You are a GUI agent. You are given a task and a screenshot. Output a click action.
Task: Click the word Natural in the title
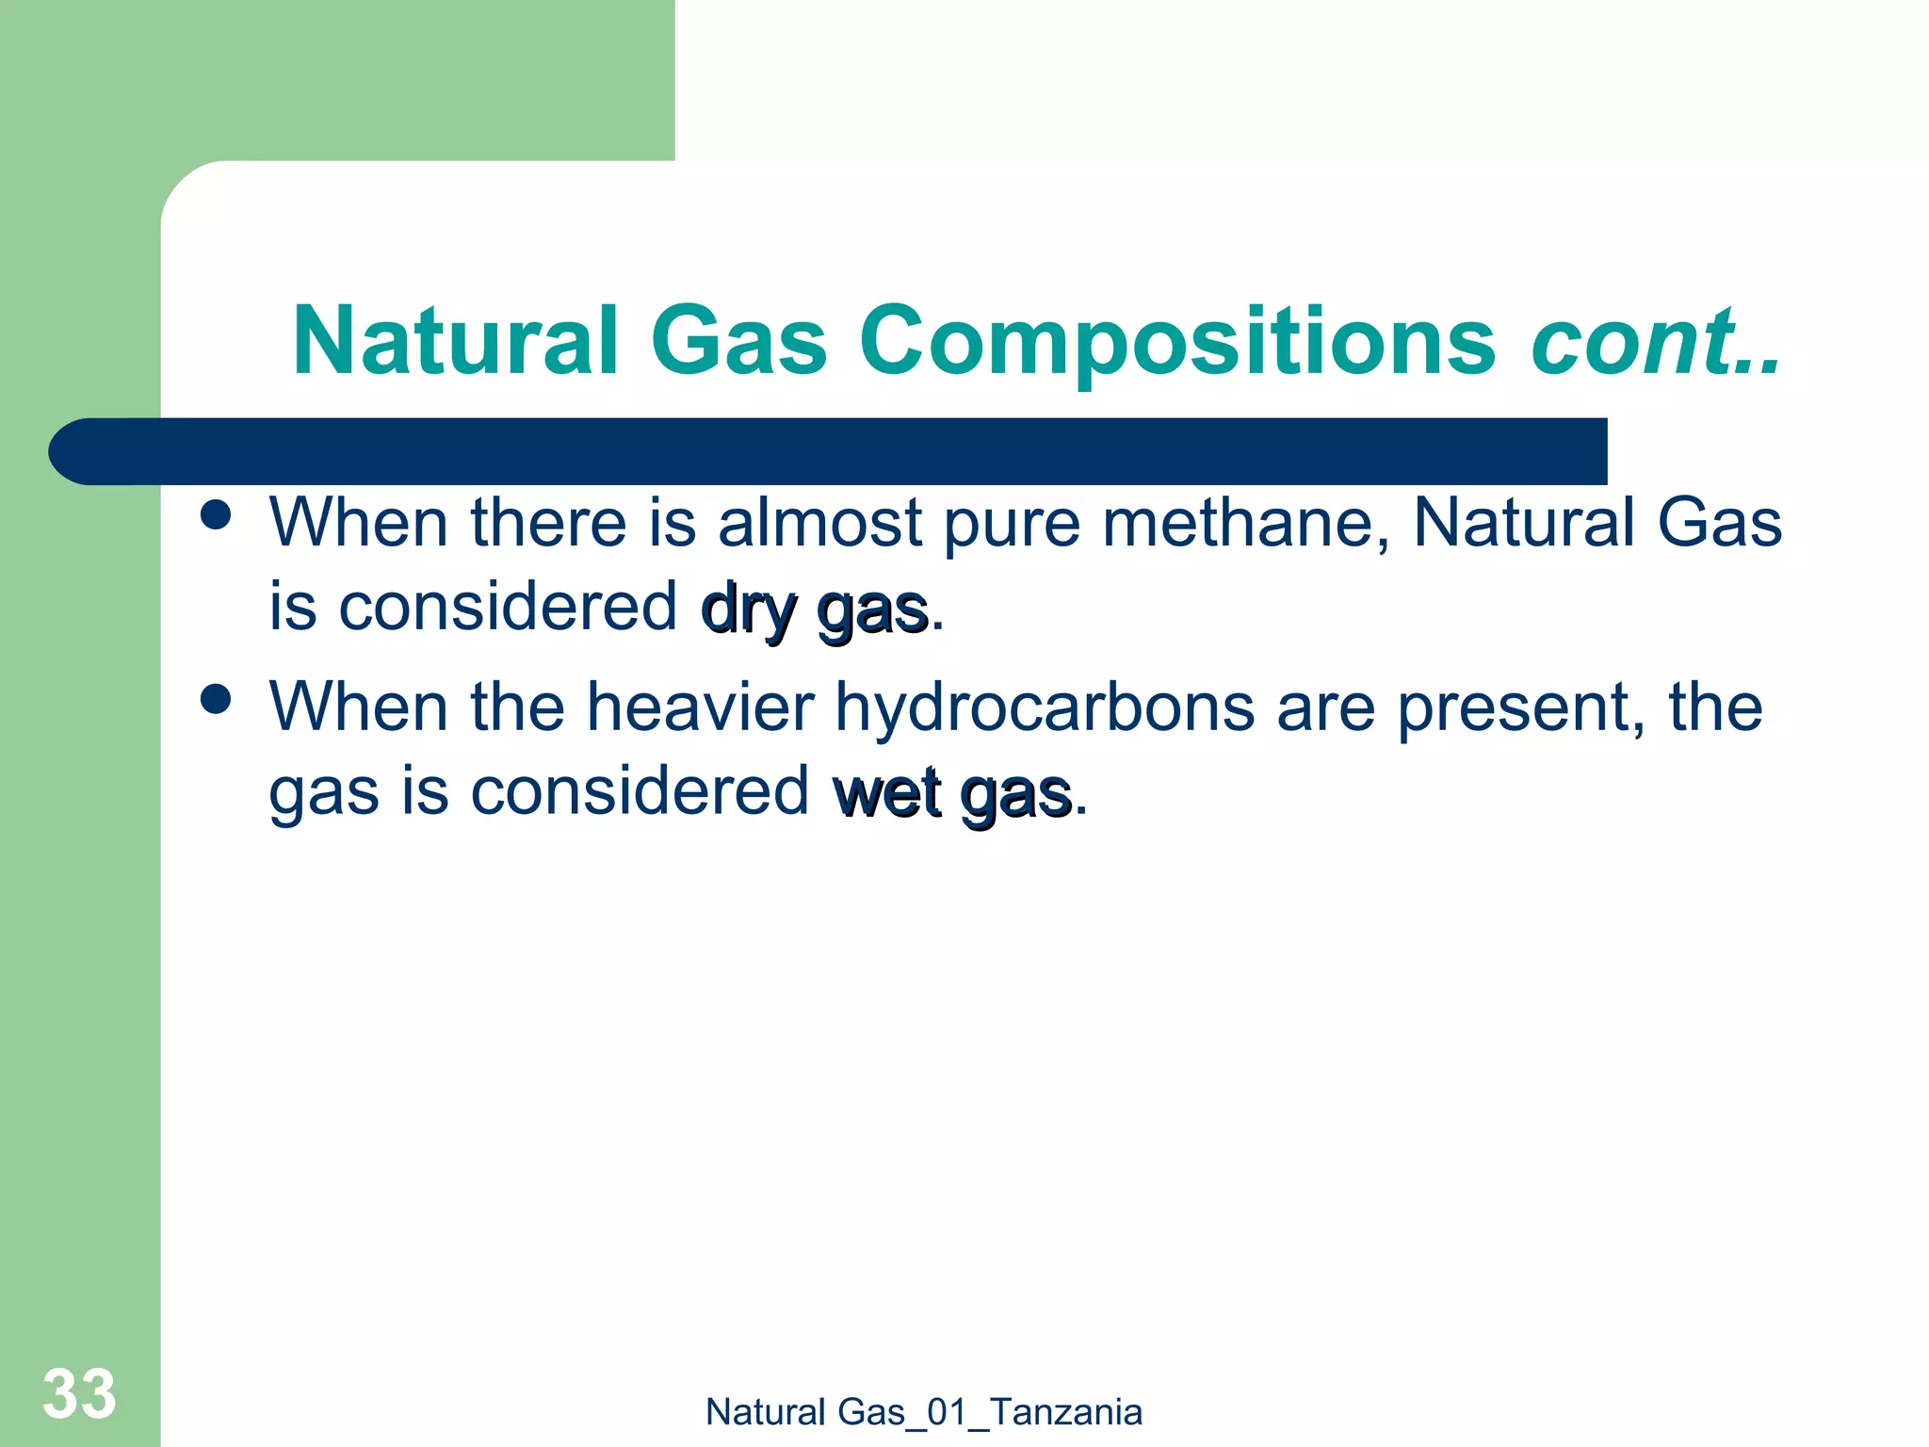tap(455, 341)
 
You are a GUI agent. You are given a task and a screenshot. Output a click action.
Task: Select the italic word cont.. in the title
tap(1655, 341)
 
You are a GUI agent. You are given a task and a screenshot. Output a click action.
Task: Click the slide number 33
tap(79, 1393)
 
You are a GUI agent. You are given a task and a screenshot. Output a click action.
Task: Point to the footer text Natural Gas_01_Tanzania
tap(923, 1412)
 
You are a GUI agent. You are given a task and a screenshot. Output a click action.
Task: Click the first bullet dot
tap(217, 516)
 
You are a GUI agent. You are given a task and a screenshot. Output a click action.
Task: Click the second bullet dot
tap(217, 700)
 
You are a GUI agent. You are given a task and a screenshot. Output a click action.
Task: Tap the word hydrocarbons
tap(1045, 707)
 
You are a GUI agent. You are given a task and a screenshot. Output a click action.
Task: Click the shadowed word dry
tap(750, 610)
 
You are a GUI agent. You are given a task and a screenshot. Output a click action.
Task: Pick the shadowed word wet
tap(887, 793)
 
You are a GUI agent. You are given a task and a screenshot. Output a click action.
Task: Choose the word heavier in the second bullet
tap(700, 707)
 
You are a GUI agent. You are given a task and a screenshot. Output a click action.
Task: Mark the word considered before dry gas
tap(508, 607)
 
